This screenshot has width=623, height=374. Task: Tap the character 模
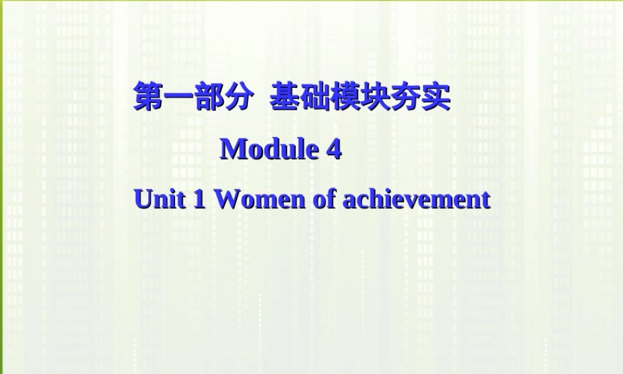(345, 98)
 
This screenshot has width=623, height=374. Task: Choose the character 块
(375, 98)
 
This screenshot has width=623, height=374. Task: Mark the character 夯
(405, 98)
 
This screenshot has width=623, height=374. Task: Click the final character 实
(435, 98)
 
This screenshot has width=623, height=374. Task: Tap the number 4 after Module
(334, 149)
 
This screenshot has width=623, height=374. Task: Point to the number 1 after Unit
(201, 199)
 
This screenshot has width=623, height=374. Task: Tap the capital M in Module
(233, 149)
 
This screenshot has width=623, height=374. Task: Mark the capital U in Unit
(143, 199)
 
